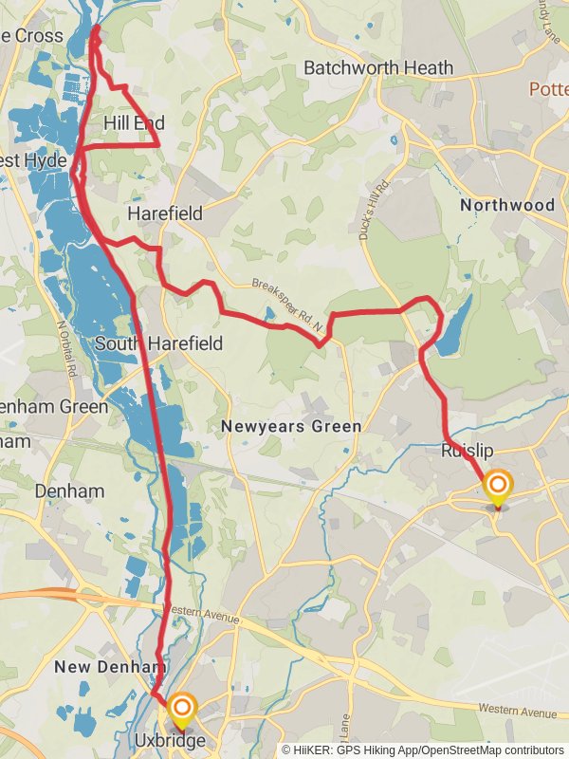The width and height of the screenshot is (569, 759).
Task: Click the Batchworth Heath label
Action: point(377,68)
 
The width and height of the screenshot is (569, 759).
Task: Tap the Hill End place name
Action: point(134,123)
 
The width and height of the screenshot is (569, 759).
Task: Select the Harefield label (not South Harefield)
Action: point(164,213)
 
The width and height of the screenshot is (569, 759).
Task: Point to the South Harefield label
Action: point(158,343)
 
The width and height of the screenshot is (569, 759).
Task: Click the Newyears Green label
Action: point(291,427)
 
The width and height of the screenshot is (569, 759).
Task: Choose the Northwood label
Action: point(506,205)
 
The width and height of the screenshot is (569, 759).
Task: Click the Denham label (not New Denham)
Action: point(68,491)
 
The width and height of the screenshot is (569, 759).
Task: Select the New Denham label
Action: point(109,668)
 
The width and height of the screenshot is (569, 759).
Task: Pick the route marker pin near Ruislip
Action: point(497,489)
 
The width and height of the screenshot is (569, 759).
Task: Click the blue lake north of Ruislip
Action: point(453,323)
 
